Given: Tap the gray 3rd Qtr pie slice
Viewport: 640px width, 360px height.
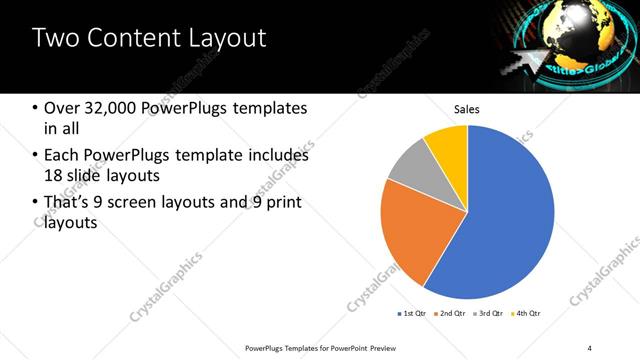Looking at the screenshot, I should point(410,165).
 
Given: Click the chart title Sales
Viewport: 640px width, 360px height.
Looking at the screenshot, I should point(467,108).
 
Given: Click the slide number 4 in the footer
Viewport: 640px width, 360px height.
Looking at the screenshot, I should point(590,347).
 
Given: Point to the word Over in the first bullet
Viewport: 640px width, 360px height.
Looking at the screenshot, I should point(63,108).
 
